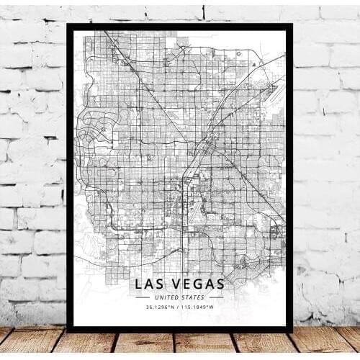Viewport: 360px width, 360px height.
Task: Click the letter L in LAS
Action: [139, 284]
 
